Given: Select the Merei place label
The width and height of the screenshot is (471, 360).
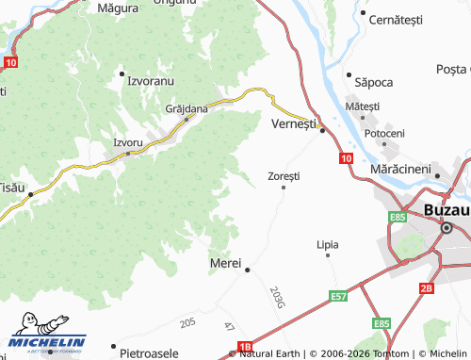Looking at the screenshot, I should tap(226, 262).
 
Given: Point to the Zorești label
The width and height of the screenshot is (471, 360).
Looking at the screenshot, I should tap(284, 175).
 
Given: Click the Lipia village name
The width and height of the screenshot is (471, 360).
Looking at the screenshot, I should tap(328, 244).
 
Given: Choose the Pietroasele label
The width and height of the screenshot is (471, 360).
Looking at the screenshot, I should tap(154, 353).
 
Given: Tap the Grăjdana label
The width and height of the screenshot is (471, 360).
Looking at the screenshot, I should tap(187, 108).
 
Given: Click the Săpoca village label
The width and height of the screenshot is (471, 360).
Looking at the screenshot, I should tap(373, 82).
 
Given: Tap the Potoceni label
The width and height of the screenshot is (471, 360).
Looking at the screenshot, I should tap(384, 133).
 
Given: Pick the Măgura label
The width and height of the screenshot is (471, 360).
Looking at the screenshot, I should tap(119, 7).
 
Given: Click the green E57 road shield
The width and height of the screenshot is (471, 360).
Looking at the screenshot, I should tap(339, 296).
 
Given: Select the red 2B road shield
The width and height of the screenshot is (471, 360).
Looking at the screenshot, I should tap(427, 287).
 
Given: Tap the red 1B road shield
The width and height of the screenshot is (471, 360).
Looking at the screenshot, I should tap(246, 347).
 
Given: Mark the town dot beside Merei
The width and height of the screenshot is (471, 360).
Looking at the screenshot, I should tap(248, 270).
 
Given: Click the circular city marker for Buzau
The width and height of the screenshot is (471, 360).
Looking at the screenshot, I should tap(448, 228).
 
